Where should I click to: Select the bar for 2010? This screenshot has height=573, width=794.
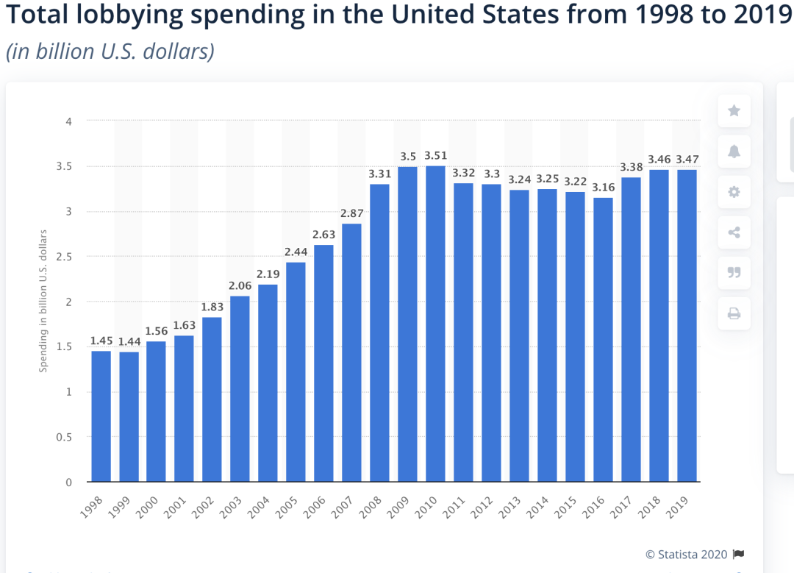(x=435, y=324)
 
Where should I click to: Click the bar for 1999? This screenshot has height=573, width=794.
(x=129, y=416)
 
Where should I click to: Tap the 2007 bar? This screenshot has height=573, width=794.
(x=351, y=352)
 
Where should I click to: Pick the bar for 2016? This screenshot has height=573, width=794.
(x=603, y=339)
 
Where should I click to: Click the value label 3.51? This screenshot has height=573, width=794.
(x=435, y=155)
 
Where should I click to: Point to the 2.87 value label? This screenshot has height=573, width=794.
(x=351, y=213)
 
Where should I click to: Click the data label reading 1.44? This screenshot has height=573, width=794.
(x=129, y=341)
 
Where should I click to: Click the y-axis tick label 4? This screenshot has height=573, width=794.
(x=68, y=121)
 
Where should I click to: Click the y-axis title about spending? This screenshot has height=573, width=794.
(x=43, y=301)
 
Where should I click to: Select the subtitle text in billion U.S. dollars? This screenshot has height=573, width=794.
(x=110, y=52)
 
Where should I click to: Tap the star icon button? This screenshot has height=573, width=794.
(x=734, y=111)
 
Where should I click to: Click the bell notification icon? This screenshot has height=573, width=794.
(x=734, y=152)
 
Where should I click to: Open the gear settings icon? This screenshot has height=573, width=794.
(x=734, y=192)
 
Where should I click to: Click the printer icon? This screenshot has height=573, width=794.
(x=734, y=314)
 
